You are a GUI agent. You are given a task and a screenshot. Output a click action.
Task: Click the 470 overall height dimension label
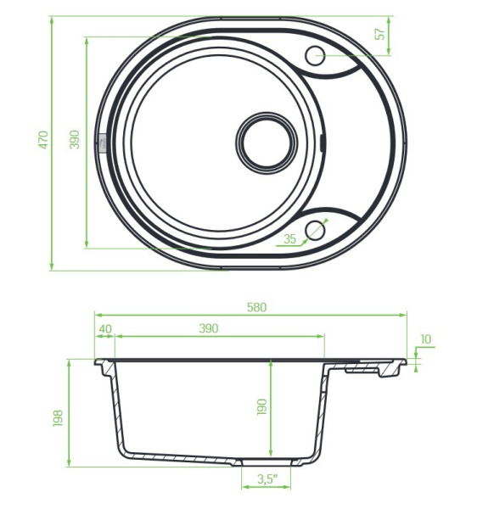pyautogui.click(x=43, y=140)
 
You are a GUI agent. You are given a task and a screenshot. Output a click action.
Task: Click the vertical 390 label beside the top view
pyautogui.click(x=75, y=139)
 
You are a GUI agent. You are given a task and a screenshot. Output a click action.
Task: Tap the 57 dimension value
pyautogui.click(x=379, y=34)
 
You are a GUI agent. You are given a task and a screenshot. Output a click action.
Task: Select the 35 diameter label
pyautogui.click(x=289, y=239)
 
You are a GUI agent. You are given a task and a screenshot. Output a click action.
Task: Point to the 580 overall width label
pyautogui.click(x=256, y=307)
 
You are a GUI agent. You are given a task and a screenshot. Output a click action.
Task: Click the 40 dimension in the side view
pyautogui.click(x=105, y=328)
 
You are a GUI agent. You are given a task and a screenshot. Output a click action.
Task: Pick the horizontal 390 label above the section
pyautogui.click(x=209, y=328)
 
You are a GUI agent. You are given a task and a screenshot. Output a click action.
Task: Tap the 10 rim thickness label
pyautogui.click(x=425, y=339)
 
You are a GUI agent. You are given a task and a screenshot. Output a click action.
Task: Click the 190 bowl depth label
pyautogui.click(x=261, y=406)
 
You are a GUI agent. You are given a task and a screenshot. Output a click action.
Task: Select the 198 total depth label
pyautogui.click(x=58, y=418)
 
